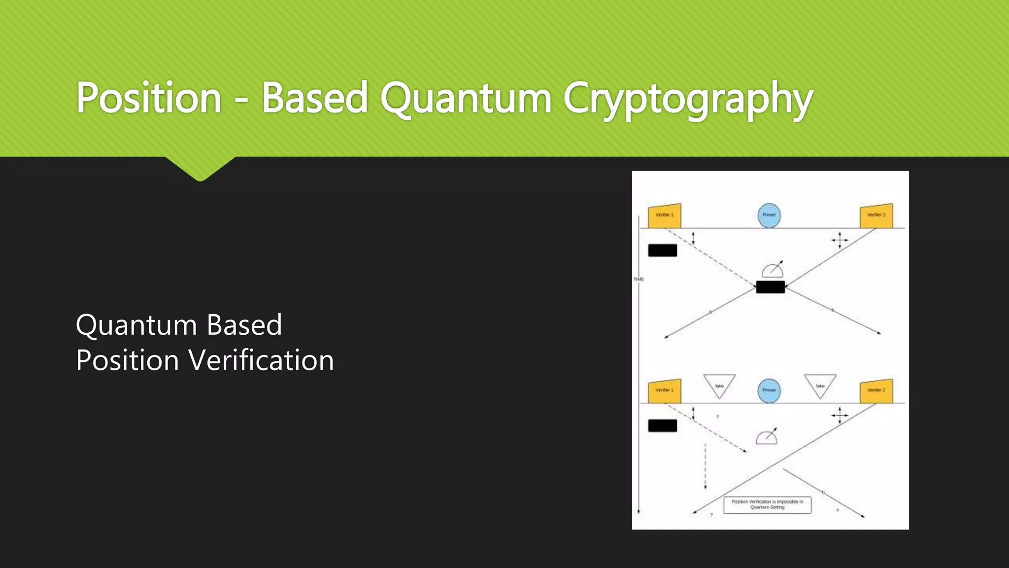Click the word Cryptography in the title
[687, 98]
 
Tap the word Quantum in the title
[465, 98]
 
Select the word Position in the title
[149, 98]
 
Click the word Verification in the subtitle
[262, 360]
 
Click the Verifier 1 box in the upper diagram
[664, 215]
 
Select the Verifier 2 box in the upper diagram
[876, 215]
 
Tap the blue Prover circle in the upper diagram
[769, 215]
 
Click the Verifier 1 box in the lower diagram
[664, 390]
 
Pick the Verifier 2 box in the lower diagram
[876, 390]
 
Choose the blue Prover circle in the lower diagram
[769, 390]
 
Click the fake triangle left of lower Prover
[719, 385]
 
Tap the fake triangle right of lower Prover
[820, 385]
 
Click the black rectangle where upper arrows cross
[770, 287]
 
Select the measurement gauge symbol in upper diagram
[773, 269]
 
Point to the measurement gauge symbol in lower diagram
[767, 436]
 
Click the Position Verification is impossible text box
[767, 504]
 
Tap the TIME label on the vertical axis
[639, 280]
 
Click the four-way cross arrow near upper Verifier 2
[840, 241]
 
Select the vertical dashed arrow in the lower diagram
[705, 466]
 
